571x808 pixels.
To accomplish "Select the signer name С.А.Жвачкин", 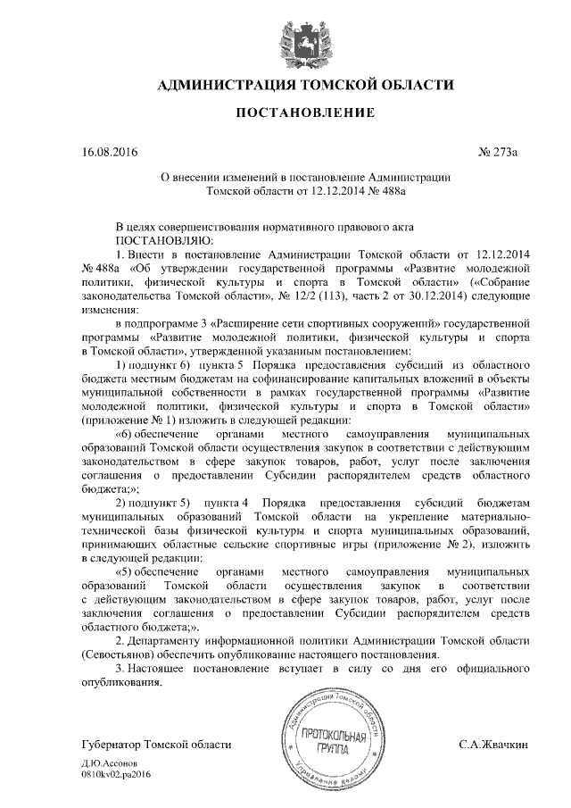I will [x=494, y=745].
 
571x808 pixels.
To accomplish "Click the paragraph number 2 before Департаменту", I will [x=122, y=641].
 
